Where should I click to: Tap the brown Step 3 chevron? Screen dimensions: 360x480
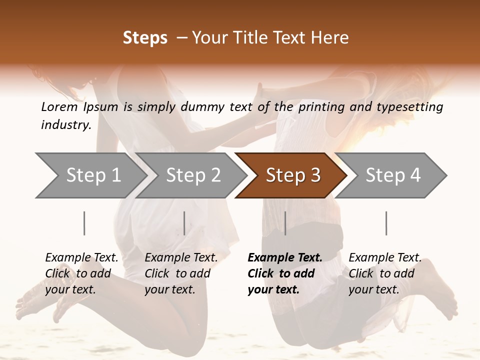click(292, 175)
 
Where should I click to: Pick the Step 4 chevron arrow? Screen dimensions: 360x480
click(392, 175)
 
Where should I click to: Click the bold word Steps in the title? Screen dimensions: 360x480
click(145, 38)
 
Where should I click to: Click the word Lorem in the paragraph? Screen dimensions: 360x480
click(60, 106)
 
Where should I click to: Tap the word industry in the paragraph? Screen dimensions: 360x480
click(65, 125)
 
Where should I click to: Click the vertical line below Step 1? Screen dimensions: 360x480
click(84, 223)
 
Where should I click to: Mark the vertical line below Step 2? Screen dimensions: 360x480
click(184, 223)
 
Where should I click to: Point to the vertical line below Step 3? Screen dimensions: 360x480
click(285, 223)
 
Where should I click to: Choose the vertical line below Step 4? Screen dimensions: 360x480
click(386, 223)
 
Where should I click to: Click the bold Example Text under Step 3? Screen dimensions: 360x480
click(285, 258)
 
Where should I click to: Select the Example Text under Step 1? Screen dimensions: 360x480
click(81, 258)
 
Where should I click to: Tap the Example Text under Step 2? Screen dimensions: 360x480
click(181, 258)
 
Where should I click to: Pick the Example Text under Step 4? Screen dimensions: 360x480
click(385, 258)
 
